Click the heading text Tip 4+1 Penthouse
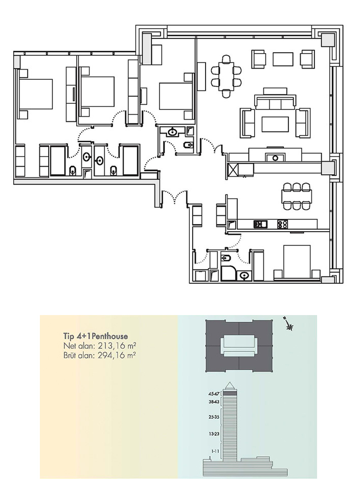(96, 337)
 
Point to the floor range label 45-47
(214, 394)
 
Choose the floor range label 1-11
(215, 451)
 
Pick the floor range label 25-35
(214, 417)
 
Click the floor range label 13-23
(214, 434)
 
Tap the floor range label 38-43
(214, 402)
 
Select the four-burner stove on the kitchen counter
(283, 224)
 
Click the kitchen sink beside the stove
(260, 224)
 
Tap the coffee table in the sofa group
(275, 124)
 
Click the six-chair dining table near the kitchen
(297, 196)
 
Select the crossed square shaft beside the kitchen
(233, 170)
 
